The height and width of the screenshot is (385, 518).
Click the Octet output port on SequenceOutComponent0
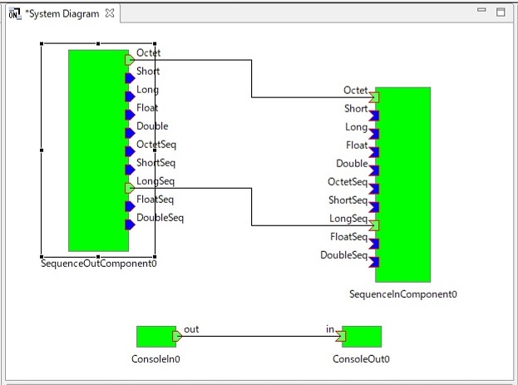coord(130,60)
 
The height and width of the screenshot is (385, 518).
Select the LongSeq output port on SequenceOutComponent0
coord(130,189)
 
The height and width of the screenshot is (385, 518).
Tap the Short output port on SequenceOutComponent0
coord(130,78)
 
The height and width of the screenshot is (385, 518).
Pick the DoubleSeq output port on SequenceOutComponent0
coord(130,225)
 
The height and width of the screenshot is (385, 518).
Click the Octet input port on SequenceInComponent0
coord(374,97)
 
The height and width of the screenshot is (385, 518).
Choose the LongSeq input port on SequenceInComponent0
coord(374,225)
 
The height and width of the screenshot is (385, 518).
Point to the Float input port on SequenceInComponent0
coord(374,152)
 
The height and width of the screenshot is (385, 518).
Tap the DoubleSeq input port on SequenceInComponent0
coord(374,262)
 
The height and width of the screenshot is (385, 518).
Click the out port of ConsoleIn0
coord(177,337)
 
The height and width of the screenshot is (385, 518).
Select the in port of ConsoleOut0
coord(341,337)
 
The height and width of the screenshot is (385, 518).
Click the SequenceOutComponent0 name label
coord(99,264)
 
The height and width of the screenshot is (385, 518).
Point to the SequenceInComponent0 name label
coord(403,294)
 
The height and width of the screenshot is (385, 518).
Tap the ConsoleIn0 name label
coord(155,359)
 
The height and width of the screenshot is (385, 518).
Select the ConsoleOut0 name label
coord(361,359)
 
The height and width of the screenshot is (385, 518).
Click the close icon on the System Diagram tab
coord(110,13)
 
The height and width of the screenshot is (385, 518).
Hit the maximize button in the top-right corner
coord(501,12)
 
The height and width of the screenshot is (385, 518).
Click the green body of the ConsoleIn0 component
coord(155,337)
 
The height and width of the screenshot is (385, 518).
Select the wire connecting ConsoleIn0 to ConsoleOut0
coord(259,337)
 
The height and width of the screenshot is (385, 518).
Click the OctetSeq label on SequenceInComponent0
coord(348,182)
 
